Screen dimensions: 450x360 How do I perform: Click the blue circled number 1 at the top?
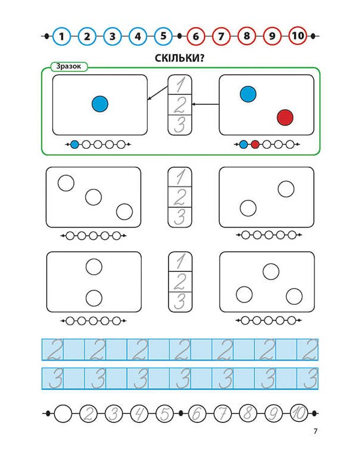coord(62,37)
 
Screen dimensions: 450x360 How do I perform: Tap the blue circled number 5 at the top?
coord(163,37)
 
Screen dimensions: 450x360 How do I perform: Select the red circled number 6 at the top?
coord(196,37)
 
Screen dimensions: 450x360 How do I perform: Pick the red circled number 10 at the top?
coord(298,37)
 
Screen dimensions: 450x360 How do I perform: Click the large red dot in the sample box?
coord(285,118)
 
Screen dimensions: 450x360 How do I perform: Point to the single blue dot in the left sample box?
coord(100,104)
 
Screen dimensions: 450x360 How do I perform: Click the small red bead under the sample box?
coord(255,145)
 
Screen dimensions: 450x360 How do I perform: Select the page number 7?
coord(315,431)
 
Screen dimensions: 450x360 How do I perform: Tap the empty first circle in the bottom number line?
coord(62,413)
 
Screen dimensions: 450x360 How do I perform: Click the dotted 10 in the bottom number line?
coord(298,413)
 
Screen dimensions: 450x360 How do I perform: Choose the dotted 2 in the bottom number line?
coord(88,413)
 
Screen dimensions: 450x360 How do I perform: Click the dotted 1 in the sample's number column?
coord(180,85)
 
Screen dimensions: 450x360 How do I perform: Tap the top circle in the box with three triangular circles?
coord(272,271)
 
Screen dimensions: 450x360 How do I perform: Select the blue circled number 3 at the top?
coord(113,37)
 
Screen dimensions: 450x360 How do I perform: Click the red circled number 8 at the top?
coord(247,37)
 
